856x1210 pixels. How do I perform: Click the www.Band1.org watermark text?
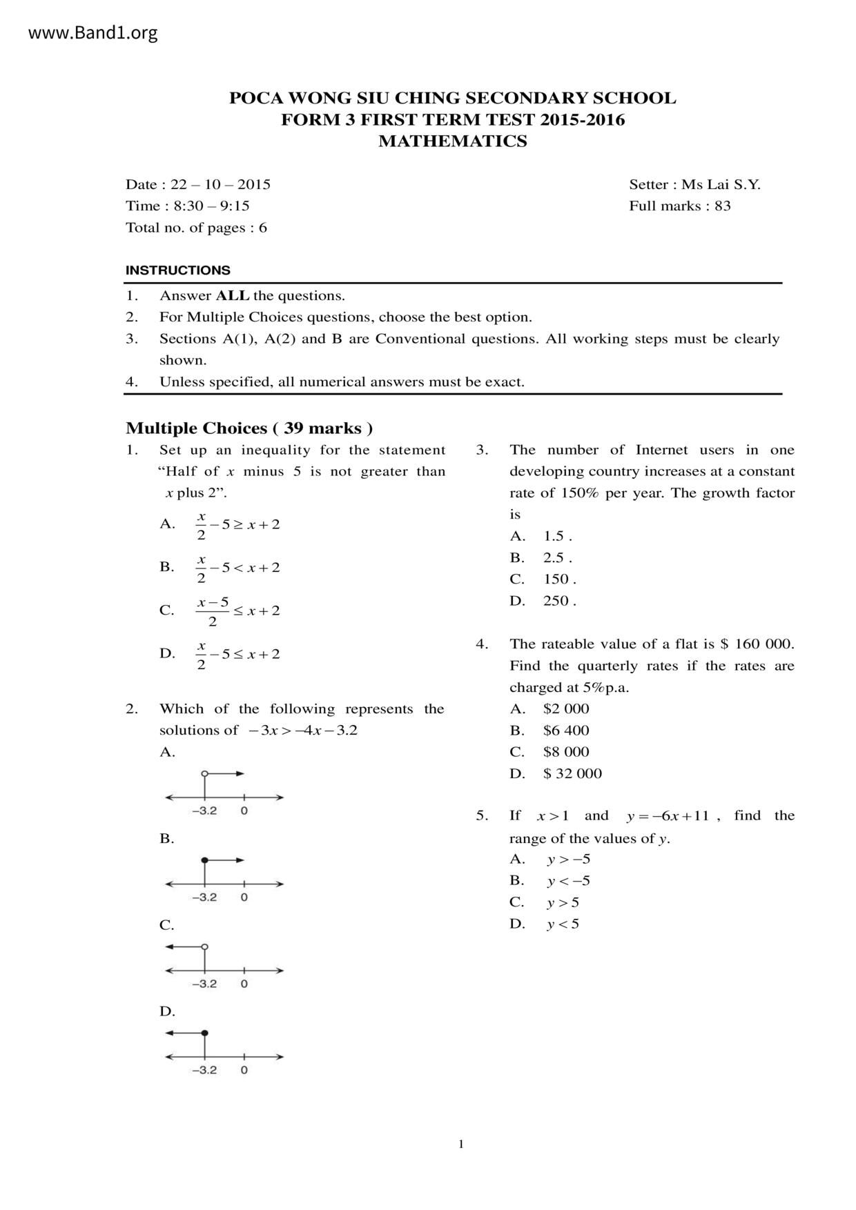tap(93, 32)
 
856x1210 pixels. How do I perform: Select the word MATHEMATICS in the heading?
tap(452, 141)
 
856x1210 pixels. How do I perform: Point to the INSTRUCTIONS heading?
tap(178, 270)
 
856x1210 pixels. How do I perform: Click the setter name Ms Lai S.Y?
tap(721, 184)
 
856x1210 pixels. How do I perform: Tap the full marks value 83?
tap(723, 206)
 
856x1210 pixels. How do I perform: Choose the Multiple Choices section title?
tap(249, 428)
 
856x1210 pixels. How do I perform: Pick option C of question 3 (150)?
tap(559, 579)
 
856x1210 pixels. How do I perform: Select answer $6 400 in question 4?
tap(566, 730)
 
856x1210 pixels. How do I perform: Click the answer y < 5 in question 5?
tap(563, 924)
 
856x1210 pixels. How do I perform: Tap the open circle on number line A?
tap(204, 773)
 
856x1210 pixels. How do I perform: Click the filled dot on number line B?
tap(204, 860)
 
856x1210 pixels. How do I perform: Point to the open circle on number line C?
tap(204, 946)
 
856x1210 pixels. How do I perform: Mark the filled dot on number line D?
tap(204, 1033)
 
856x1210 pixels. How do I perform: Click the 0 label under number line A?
tap(244, 811)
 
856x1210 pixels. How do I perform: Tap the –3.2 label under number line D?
tap(204, 1070)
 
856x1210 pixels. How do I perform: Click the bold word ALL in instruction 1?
tap(233, 296)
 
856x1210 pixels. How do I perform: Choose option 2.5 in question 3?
tap(557, 557)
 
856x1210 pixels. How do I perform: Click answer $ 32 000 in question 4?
tap(572, 773)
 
